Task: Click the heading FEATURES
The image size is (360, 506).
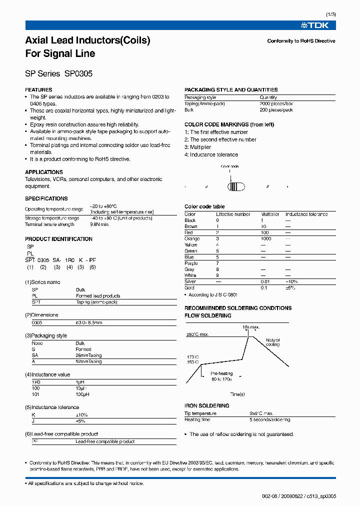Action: tap(38, 90)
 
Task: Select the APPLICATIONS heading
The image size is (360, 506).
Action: tap(44, 172)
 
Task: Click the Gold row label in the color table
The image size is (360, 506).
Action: tap(190, 288)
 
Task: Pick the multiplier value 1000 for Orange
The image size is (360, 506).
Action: tap(265, 239)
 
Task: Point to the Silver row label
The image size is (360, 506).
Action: tap(190, 281)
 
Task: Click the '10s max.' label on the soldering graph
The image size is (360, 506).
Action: tap(251, 327)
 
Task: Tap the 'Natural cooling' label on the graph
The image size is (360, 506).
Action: tap(273, 342)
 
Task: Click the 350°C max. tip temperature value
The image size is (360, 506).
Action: tap(261, 413)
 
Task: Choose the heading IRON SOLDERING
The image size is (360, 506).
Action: tap(206, 406)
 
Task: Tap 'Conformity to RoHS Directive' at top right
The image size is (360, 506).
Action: tap(301, 41)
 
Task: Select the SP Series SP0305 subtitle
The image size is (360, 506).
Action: tap(58, 73)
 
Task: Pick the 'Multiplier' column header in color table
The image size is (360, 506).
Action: tap(270, 214)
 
